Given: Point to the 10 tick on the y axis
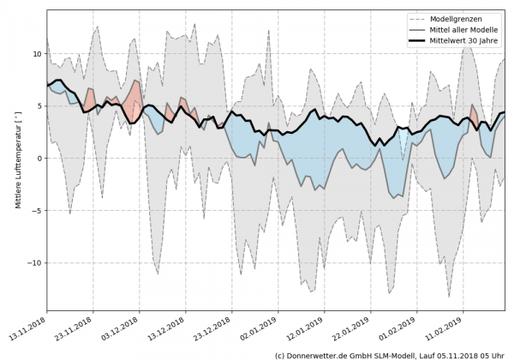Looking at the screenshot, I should [x=37, y=53].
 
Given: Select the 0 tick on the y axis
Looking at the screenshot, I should [x=39, y=158].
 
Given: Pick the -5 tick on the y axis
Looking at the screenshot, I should [x=37, y=210].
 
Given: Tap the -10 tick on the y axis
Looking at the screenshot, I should [x=34, y=262].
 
